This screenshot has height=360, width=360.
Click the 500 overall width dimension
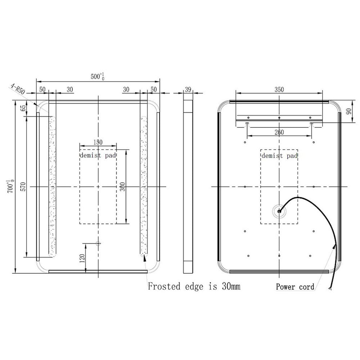(x=98, y=76)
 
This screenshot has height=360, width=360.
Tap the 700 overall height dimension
(x=10, y=186)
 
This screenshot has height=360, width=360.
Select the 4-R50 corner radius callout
(x=18, y=89)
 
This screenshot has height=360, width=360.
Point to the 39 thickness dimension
(x=188, y=90)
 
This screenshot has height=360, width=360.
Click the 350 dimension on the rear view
(x=279, y=89)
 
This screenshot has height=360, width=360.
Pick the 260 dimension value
(x=279, y=132)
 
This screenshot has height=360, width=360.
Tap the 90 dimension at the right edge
(x=349, y=111)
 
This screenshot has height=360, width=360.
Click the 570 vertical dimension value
(x=23, y=186)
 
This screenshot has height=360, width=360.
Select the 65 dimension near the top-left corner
(x=23, y=108)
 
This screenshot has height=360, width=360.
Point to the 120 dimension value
(x=82, y=258)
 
